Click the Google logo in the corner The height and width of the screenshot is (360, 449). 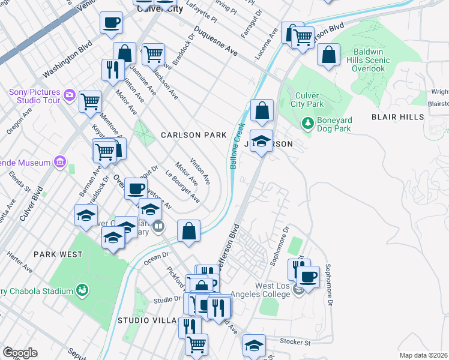coord(20,353)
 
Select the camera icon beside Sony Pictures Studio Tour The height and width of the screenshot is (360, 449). coord(70,95)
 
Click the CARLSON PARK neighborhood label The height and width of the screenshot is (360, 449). coord(193,135)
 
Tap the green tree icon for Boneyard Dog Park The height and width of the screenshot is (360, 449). coord(308,123)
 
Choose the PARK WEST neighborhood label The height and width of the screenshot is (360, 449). coord(58,254)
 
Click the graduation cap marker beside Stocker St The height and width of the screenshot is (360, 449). coord(254,346)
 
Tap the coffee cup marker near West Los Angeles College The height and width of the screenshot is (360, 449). coord(309,277)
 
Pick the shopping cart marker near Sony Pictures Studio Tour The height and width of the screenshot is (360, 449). coord(91,101)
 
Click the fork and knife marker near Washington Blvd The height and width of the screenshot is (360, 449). coord(111,70)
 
